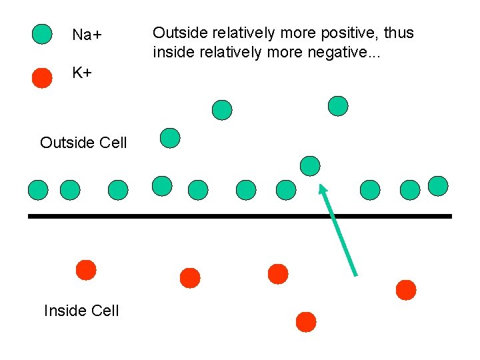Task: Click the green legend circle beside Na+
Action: (42, 34)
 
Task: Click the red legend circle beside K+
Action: (42, 77)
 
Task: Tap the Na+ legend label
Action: (86, 35)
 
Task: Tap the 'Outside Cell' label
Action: (83, 143)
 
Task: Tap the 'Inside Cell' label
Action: (81, 311)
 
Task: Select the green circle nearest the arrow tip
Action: (310, 165)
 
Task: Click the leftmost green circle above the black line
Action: (38, 191)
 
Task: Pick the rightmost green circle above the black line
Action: (438, 186)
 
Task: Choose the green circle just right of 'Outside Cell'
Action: (171, 138)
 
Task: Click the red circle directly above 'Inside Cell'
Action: (85, 270)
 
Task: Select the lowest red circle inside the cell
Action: (306, 321)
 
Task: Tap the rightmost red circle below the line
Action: (405, 290)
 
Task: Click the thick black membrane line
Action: (240, 216)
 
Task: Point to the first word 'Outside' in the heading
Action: (177, 33)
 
